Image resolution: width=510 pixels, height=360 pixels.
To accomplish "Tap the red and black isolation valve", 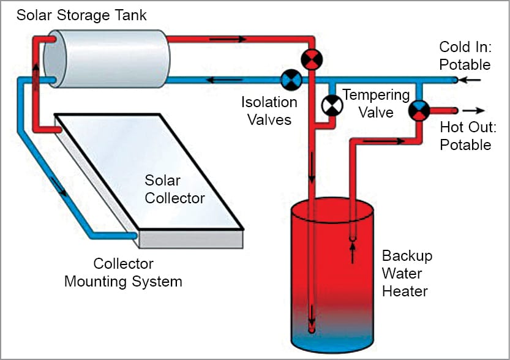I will click(x=312, y=59).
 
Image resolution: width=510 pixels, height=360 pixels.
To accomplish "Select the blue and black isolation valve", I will click(x=290, y=80).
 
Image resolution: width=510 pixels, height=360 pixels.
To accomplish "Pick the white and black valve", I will click(x=331, y=106).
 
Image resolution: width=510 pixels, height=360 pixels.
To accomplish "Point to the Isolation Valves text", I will click(x=269, y=110).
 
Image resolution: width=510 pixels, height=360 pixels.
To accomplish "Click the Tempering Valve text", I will click(x=376, y=103).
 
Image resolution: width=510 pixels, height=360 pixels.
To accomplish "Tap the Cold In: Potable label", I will click(x=465, y=56).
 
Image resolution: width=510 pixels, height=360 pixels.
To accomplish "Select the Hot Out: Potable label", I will click(x=465, y=136).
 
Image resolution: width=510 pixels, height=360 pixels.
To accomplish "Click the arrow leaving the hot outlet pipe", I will click(x=473, y=111).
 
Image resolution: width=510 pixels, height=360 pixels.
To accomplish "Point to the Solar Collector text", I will click(x=174, y=189).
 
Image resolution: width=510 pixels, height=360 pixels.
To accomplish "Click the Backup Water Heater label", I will click(x=407, y=272).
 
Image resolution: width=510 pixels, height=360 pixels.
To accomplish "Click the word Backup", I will click(x=407, y=255).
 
